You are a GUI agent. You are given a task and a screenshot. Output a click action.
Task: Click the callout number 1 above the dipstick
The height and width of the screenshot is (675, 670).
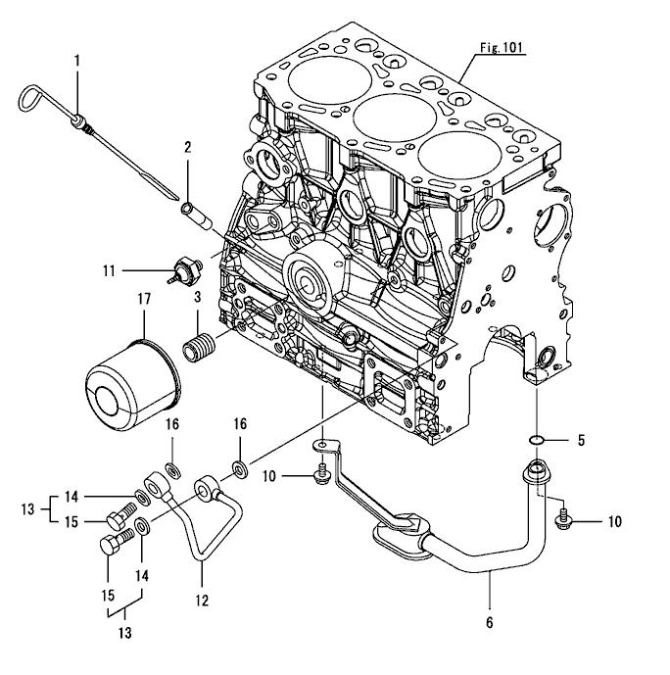click(76, 61)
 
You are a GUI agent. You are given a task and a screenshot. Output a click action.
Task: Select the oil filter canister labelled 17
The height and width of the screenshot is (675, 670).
click(129, 385)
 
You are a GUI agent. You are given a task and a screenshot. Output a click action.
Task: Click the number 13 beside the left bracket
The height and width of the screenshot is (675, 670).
click(27, 508)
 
